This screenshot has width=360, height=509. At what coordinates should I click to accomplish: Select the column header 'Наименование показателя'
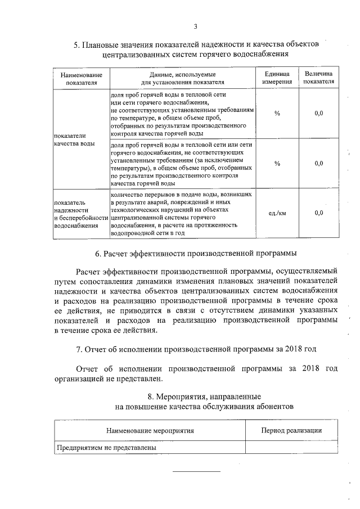[81, 78]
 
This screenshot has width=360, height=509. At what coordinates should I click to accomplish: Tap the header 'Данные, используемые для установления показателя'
[183, 78]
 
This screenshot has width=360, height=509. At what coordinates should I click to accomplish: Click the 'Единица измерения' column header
[277, 78]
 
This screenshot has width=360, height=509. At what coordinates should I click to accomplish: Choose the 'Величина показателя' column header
[318, 78]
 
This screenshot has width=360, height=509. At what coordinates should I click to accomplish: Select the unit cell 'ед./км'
[277, 213]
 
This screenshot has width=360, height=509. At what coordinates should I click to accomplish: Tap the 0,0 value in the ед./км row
[318, 213]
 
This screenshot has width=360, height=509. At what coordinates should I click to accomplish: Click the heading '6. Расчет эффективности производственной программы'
[195, 253]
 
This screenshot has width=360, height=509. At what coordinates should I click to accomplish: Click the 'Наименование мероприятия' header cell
[150, 430]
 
